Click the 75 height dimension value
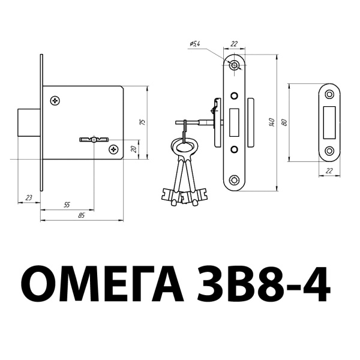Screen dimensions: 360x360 (x=142, y=121)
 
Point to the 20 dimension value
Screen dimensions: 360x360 (x=133, y=149)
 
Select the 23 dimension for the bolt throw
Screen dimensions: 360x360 (x=29, y=197)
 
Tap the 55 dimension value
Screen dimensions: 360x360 (x=67, y=205)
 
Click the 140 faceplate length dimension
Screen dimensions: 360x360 (x=271, y=123)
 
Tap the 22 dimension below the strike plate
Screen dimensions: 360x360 (x=329, y=171)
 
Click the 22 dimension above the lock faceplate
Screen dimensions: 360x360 (x=235, y=44)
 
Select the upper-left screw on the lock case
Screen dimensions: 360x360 (x=56, y=100)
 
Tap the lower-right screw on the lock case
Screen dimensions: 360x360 (x=113, y=148)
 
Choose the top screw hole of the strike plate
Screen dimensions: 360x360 (x=329, y=94)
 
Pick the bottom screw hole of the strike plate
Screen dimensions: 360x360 (x=329, y=151)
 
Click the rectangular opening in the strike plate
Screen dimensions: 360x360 (x=329, y=122)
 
